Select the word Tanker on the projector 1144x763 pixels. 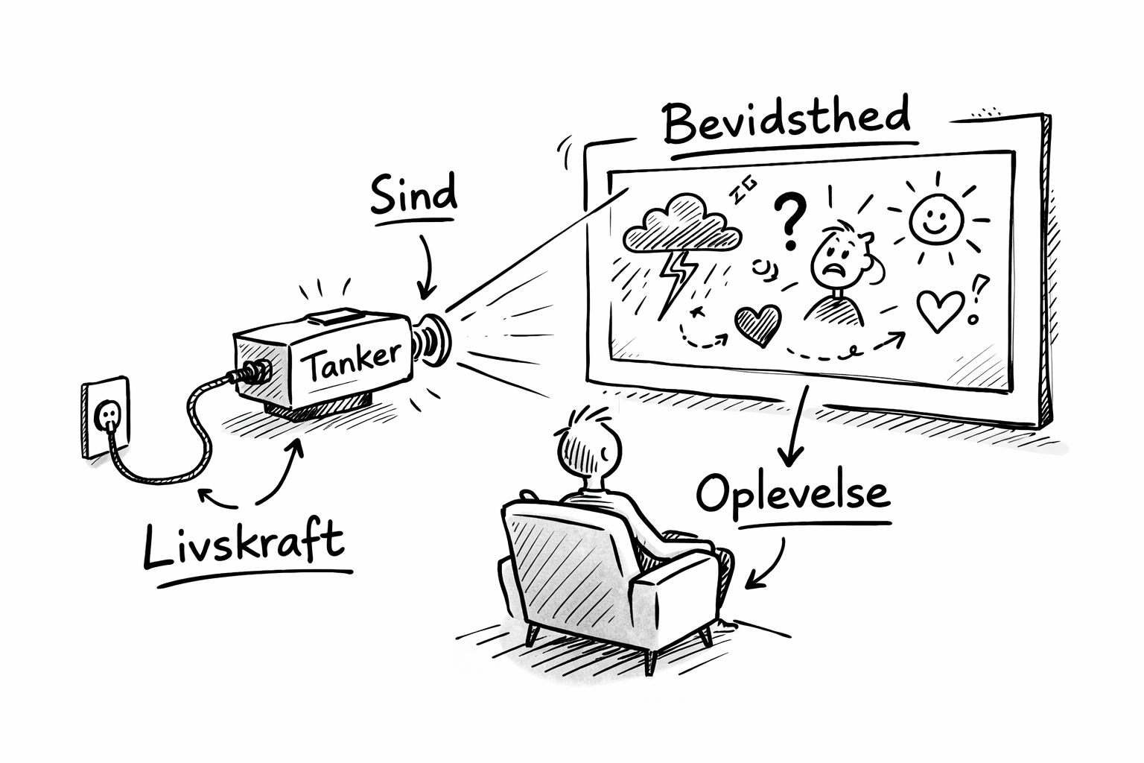352,361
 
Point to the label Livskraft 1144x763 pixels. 244,543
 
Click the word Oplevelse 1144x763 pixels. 793,494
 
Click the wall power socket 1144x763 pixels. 106,417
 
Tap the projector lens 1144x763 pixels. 432,339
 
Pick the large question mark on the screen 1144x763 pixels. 790,220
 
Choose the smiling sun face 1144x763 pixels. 936,219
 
